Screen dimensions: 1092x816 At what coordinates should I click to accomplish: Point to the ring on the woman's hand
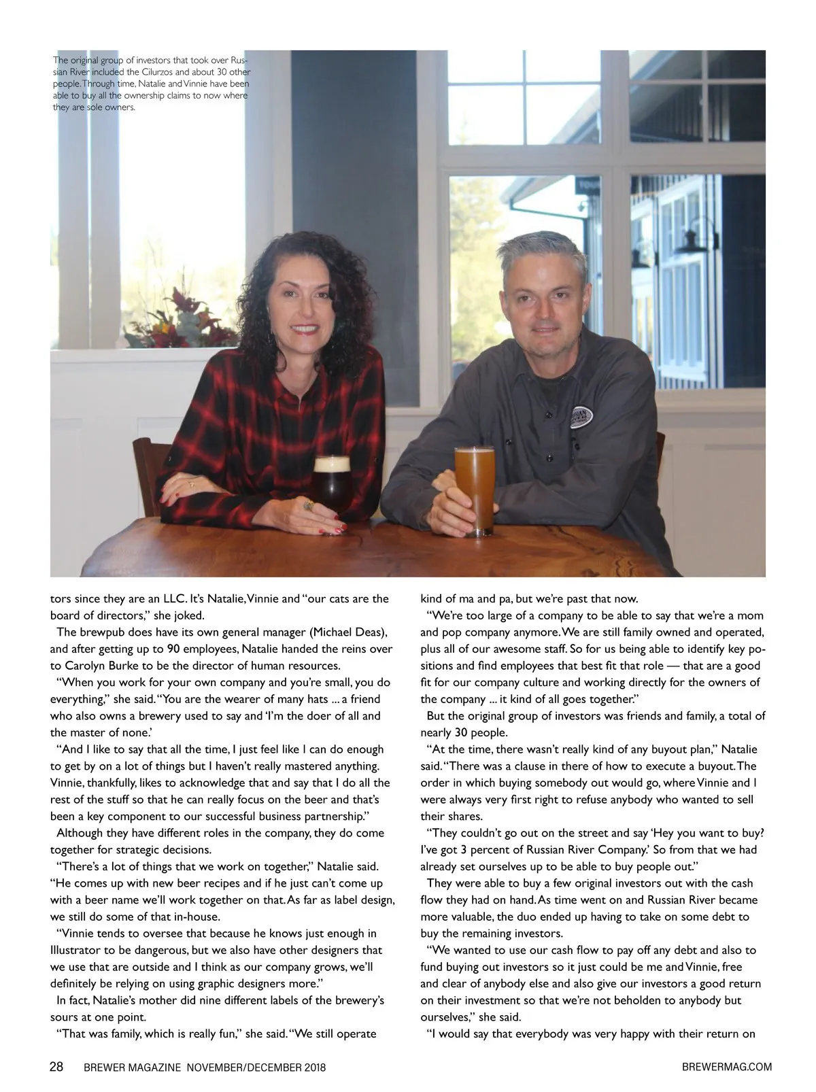tap(309, 505)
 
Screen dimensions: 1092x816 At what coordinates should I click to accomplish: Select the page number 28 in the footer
tap(57, 1066)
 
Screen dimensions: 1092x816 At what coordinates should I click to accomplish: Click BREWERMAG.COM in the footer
tap(726, 1067)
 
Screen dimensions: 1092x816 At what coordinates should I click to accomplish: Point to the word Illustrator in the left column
tap(78, 950)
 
